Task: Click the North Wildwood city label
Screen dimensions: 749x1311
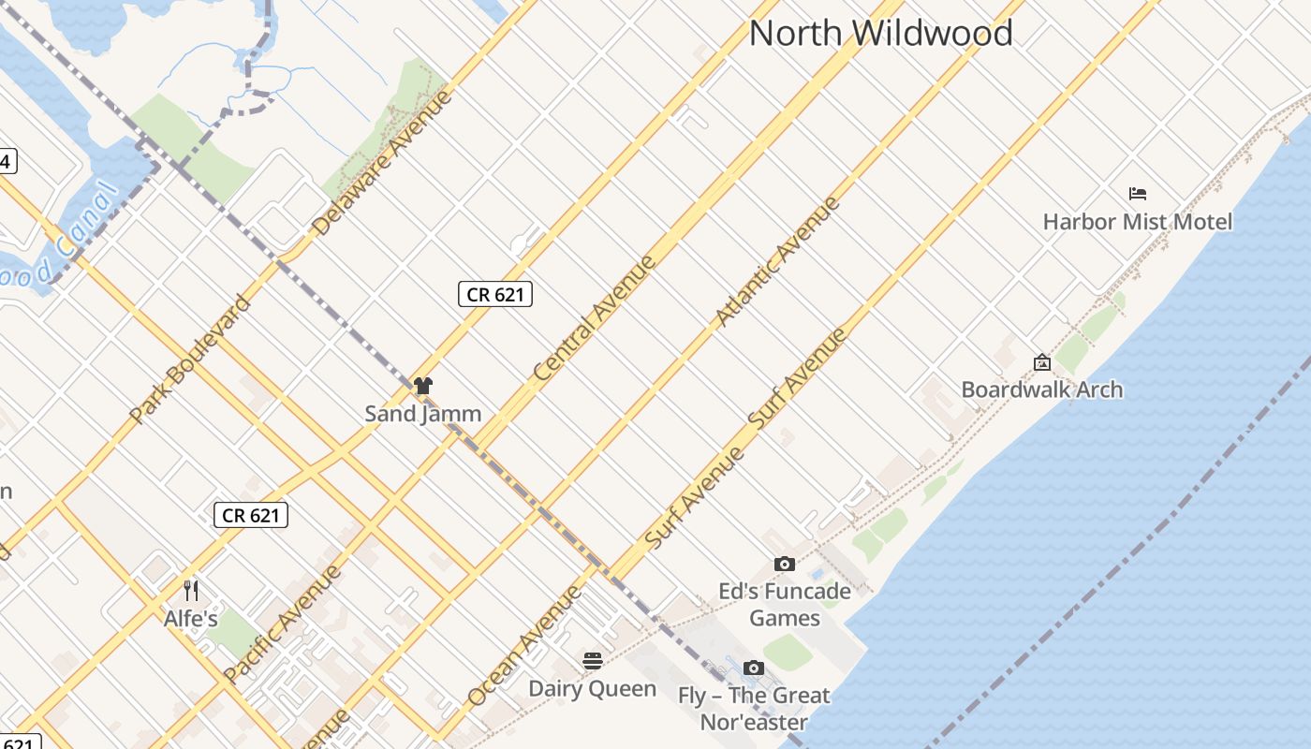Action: (880, 34)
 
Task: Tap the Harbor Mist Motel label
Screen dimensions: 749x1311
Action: (1137, 222)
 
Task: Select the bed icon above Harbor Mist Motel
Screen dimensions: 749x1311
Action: (1138, 194)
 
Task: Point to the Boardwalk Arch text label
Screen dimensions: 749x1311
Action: (1041, 389)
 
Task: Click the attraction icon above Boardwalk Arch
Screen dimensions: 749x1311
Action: (1041, 362)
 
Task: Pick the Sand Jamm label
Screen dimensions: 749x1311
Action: (423, 413)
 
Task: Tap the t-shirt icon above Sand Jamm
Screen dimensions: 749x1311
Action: (423, 385)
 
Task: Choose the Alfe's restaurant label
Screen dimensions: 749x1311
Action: (191, 619)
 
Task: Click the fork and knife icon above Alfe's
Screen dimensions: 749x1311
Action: (191, 590)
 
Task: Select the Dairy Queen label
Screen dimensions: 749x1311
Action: (592, 689)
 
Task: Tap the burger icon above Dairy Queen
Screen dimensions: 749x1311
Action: (592, 661)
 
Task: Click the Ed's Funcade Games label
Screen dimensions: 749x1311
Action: (785, 605)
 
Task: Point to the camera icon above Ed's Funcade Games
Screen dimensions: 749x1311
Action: (785, 564)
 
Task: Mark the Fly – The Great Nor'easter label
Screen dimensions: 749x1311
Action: (754, 709)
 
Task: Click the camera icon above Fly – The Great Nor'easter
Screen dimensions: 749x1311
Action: (754, 668)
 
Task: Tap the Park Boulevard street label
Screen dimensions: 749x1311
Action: (191, 359)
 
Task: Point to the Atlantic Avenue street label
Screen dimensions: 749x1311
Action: (777, 261)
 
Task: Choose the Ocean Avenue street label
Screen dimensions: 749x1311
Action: (524, 646)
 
